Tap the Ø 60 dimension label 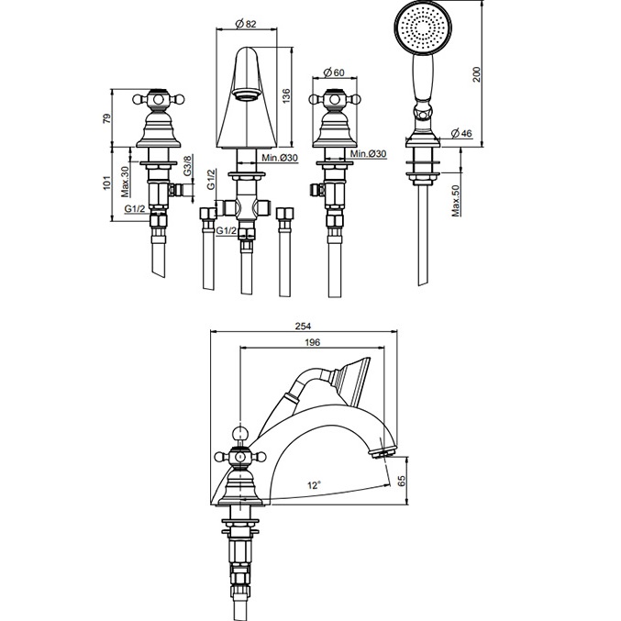click(333, 72)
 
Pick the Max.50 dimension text click(457, 201)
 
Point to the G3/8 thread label click(187, 169)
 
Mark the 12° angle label click(316, 484)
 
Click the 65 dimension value click(401, 478)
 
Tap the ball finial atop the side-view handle click(239, 435)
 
